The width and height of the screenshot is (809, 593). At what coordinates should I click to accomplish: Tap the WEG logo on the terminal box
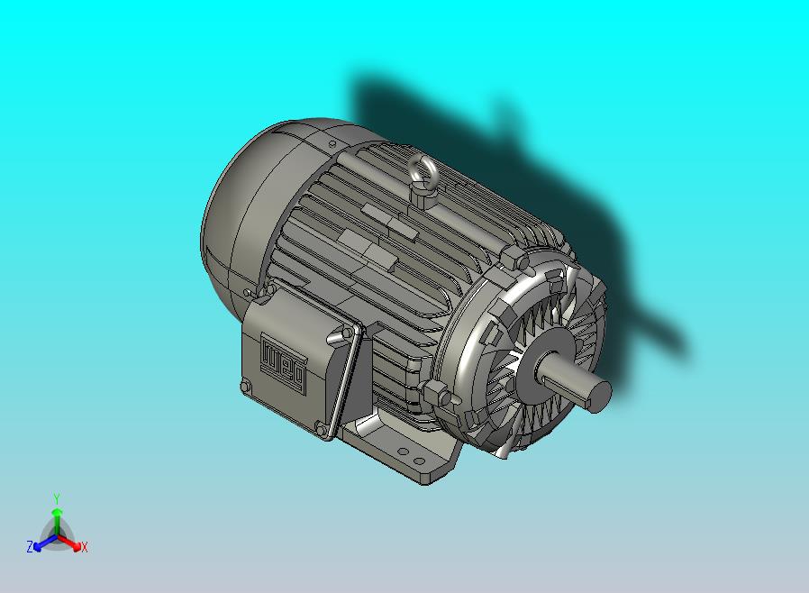point(283,363)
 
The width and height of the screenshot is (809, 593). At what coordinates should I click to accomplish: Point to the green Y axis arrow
point(57,520)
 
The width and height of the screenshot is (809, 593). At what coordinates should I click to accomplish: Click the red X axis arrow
point(69,543)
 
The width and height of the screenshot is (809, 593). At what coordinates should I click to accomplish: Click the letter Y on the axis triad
point(57,499)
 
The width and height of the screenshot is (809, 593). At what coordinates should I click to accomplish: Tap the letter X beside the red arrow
point(85,547)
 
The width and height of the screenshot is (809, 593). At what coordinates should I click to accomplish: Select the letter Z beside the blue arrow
point(30,546)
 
